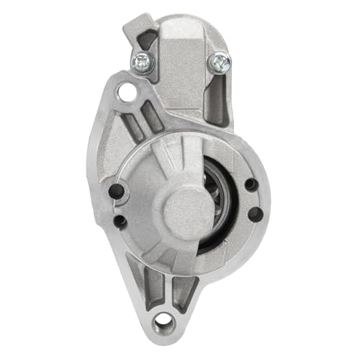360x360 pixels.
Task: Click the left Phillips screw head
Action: (x=141, y=61)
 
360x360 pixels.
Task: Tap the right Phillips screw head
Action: (x=217, y=63)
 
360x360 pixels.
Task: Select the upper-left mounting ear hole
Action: (x=128, y=91)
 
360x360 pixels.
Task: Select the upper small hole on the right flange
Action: (x=250, y=184)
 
